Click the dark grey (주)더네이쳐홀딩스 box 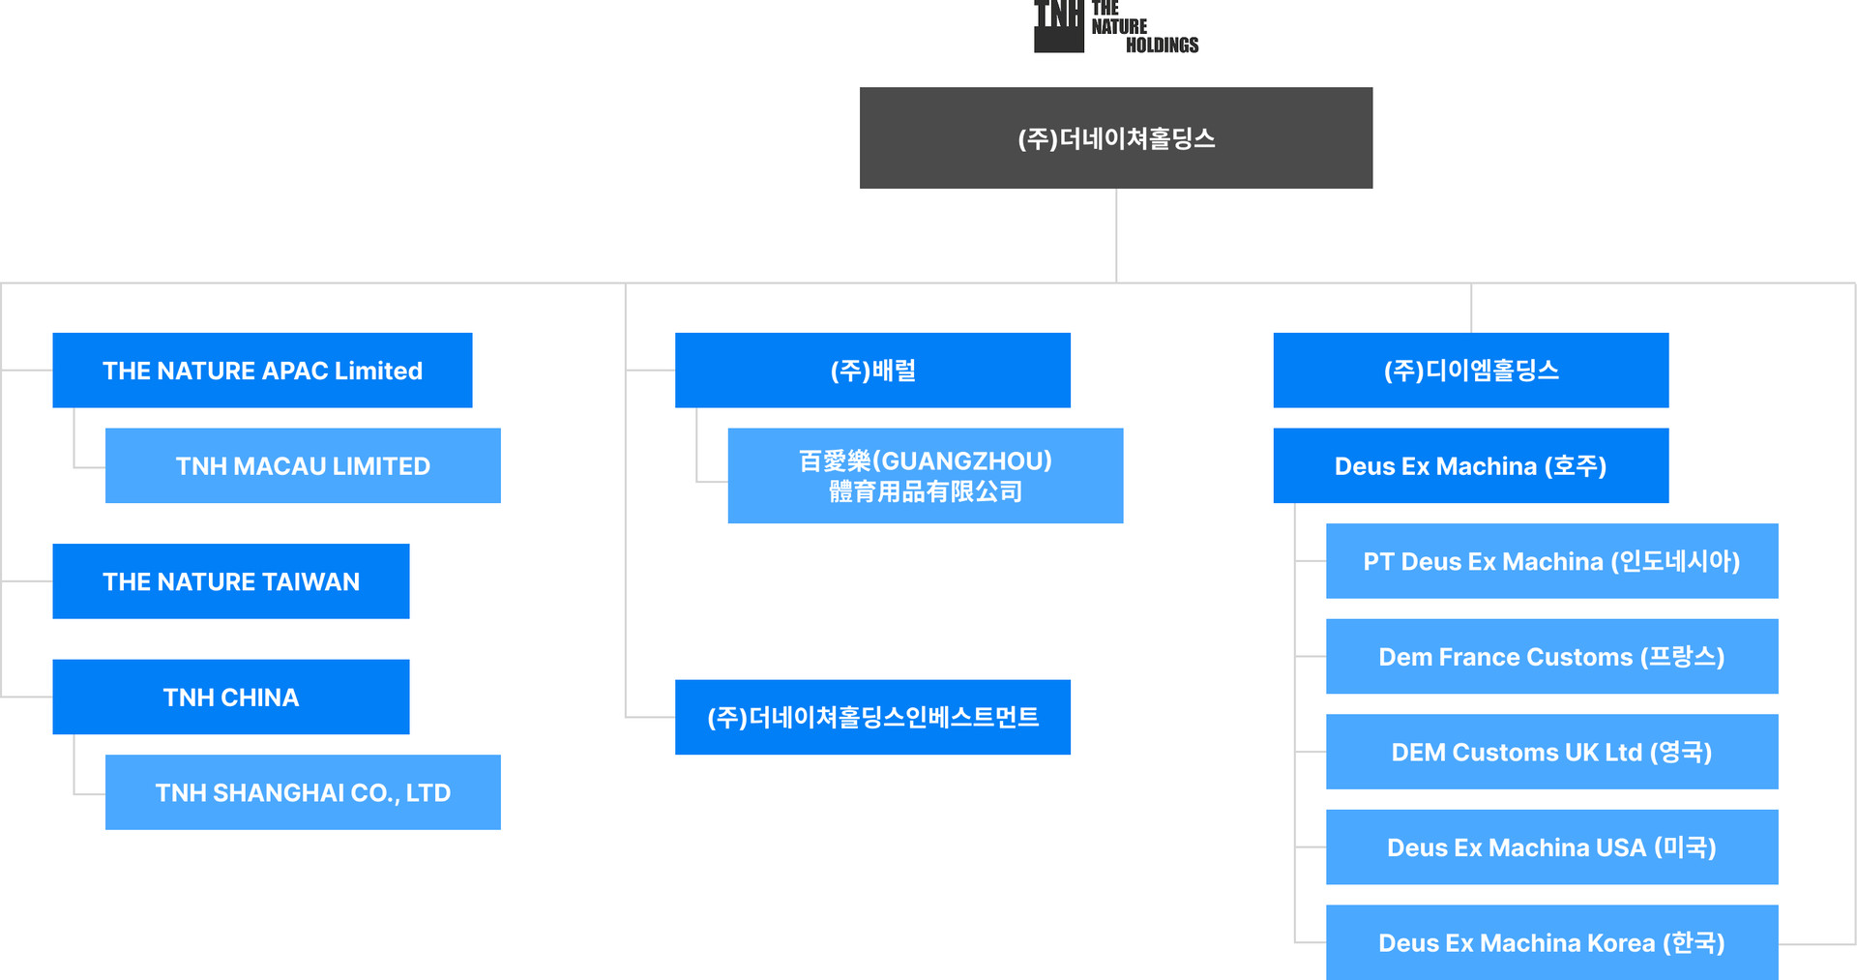tap(1116, 137)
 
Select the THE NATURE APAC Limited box tap(262, 371)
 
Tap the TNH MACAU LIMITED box tap(303, 465)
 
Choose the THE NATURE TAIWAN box tap(231, 581)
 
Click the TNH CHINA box tap(231, 697)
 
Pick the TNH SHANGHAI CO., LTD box tap(303, 792)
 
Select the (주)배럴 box tap(872, 371)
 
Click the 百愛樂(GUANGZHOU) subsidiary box tap(926, 476)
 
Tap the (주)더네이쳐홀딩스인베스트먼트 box tap(872, 717)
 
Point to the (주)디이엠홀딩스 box tap(1471, 371)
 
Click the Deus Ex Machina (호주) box tap(1471, 465)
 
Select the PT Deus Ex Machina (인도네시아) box tap(1552, 561)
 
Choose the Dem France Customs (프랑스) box tap(1552, 656)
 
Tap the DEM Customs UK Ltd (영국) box tap(1552, 752)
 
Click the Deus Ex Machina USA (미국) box tap(1552, 847)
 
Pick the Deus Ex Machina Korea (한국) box tap(1552, 942)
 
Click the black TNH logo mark tap(1059, 26)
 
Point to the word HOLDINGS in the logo tap(1163, 45)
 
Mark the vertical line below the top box tap(1116, 236)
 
